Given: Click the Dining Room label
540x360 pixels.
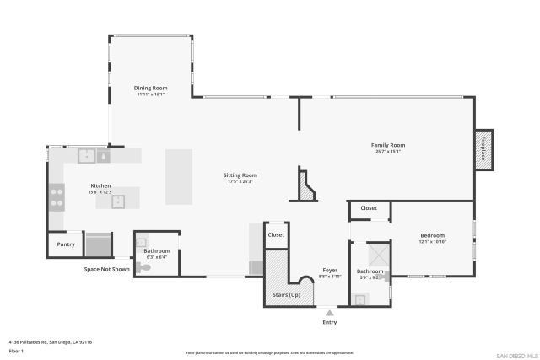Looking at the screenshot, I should (x=151, y=88).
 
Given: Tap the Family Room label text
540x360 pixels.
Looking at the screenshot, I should (x=388, y=145).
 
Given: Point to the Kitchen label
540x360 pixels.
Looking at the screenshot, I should (x=100, y=185).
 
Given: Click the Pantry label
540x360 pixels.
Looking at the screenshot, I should (x=66, y=244).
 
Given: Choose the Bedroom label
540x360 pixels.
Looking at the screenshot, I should (x=432, y=235).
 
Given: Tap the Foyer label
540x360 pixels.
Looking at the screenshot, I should (x=330, y=270).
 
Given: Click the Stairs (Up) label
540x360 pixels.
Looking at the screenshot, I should (x=287, y=294).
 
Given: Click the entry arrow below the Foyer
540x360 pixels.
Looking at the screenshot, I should (x=329, y=311).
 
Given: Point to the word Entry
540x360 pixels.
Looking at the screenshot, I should (x=329, y=322).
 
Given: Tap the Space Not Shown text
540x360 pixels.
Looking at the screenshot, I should (x=106, y=269).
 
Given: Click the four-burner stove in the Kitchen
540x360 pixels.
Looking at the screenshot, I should (x=57, y=197).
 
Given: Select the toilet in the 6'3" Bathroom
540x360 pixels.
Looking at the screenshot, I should (x=144, y=266).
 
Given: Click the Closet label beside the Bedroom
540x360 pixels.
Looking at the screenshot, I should (x=369, y=207).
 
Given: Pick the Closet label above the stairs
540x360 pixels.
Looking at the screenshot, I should (x=276, y=234).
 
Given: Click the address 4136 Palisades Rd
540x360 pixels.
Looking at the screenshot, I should (x=51, y=342).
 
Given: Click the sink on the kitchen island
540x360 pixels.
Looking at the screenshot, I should (x=118, y=201).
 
